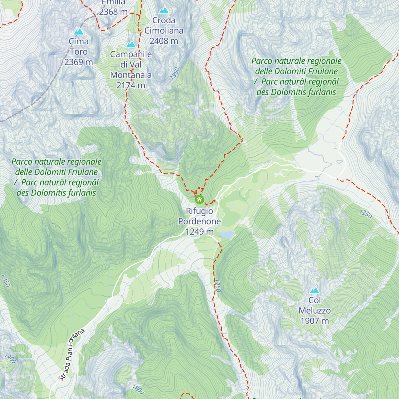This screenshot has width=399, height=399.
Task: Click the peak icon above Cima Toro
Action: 78,32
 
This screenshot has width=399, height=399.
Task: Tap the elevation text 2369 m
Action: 78,62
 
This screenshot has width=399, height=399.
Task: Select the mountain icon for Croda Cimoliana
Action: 164,11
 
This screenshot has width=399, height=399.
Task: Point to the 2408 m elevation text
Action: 164,41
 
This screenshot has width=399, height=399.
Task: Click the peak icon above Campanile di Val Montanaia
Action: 131,45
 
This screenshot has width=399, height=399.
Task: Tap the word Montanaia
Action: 131,75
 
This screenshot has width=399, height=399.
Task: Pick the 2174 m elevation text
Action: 131,85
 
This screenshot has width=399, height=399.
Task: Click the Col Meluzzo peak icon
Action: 315,290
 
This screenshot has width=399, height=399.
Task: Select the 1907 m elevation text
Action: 315,321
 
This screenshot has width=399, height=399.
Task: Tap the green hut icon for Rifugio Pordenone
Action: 199,199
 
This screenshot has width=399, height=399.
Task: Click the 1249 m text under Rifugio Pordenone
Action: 199,232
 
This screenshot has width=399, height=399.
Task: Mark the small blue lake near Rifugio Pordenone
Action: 225,235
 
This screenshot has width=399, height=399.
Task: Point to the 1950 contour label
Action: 175,73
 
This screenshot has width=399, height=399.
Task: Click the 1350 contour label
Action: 6,281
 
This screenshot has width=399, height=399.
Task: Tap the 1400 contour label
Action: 10,358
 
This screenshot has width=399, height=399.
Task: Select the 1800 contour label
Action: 138,389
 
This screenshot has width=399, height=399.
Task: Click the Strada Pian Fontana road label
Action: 71,355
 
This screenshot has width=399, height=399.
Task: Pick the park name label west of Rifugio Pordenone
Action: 56,177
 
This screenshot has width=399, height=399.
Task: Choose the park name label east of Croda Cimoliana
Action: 296,76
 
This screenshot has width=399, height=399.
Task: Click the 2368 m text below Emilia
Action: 113,12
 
